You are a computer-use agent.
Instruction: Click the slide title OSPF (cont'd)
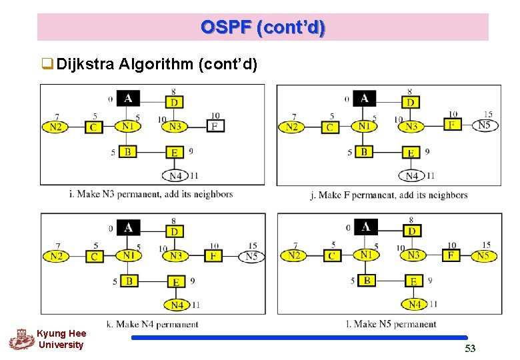[x=263, y=27]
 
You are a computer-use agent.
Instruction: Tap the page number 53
[x=470, y=349]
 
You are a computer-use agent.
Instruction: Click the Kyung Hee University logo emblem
[x=21, y=339]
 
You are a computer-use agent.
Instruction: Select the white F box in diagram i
[x=214, y=126]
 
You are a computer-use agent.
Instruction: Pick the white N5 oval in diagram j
[x=483, y=125]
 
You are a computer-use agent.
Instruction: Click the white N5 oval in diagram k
[x=251, y=256]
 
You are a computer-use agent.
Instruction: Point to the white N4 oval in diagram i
[x=176, y=176]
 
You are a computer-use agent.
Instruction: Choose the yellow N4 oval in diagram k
[x=177, y=305]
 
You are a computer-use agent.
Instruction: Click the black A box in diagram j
[x=364, y=99]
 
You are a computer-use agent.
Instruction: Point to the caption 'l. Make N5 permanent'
[x=391, y=324]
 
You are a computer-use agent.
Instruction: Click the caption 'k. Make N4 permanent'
[x=157, y=324]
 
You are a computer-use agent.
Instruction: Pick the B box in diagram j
[x=364, y=152]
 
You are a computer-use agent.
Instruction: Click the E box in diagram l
[x=413, y=281]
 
